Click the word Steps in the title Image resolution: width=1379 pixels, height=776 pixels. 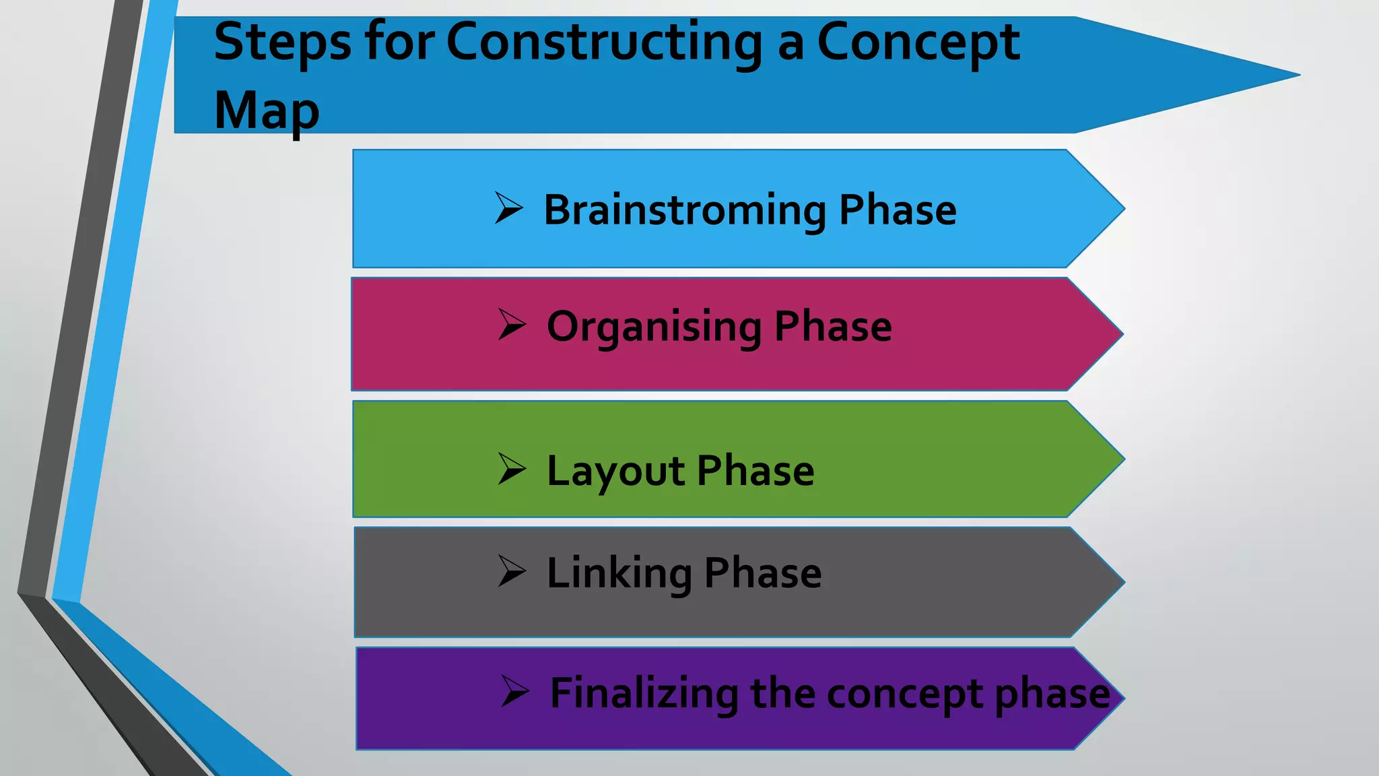[282, 43]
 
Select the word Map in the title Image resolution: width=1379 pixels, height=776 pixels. [266, 111]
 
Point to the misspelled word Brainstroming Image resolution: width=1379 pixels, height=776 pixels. [684, 210]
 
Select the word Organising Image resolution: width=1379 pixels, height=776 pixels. [653, 327]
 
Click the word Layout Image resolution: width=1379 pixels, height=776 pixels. [615, 471]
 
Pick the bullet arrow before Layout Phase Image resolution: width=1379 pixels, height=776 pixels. [512, 469]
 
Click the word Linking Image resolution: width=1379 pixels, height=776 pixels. [619, 573]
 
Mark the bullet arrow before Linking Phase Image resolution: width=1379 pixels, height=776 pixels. [512, 571]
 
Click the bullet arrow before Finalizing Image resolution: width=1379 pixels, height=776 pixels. [515, 691]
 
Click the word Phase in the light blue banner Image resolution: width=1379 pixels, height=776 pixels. [897, 210]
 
